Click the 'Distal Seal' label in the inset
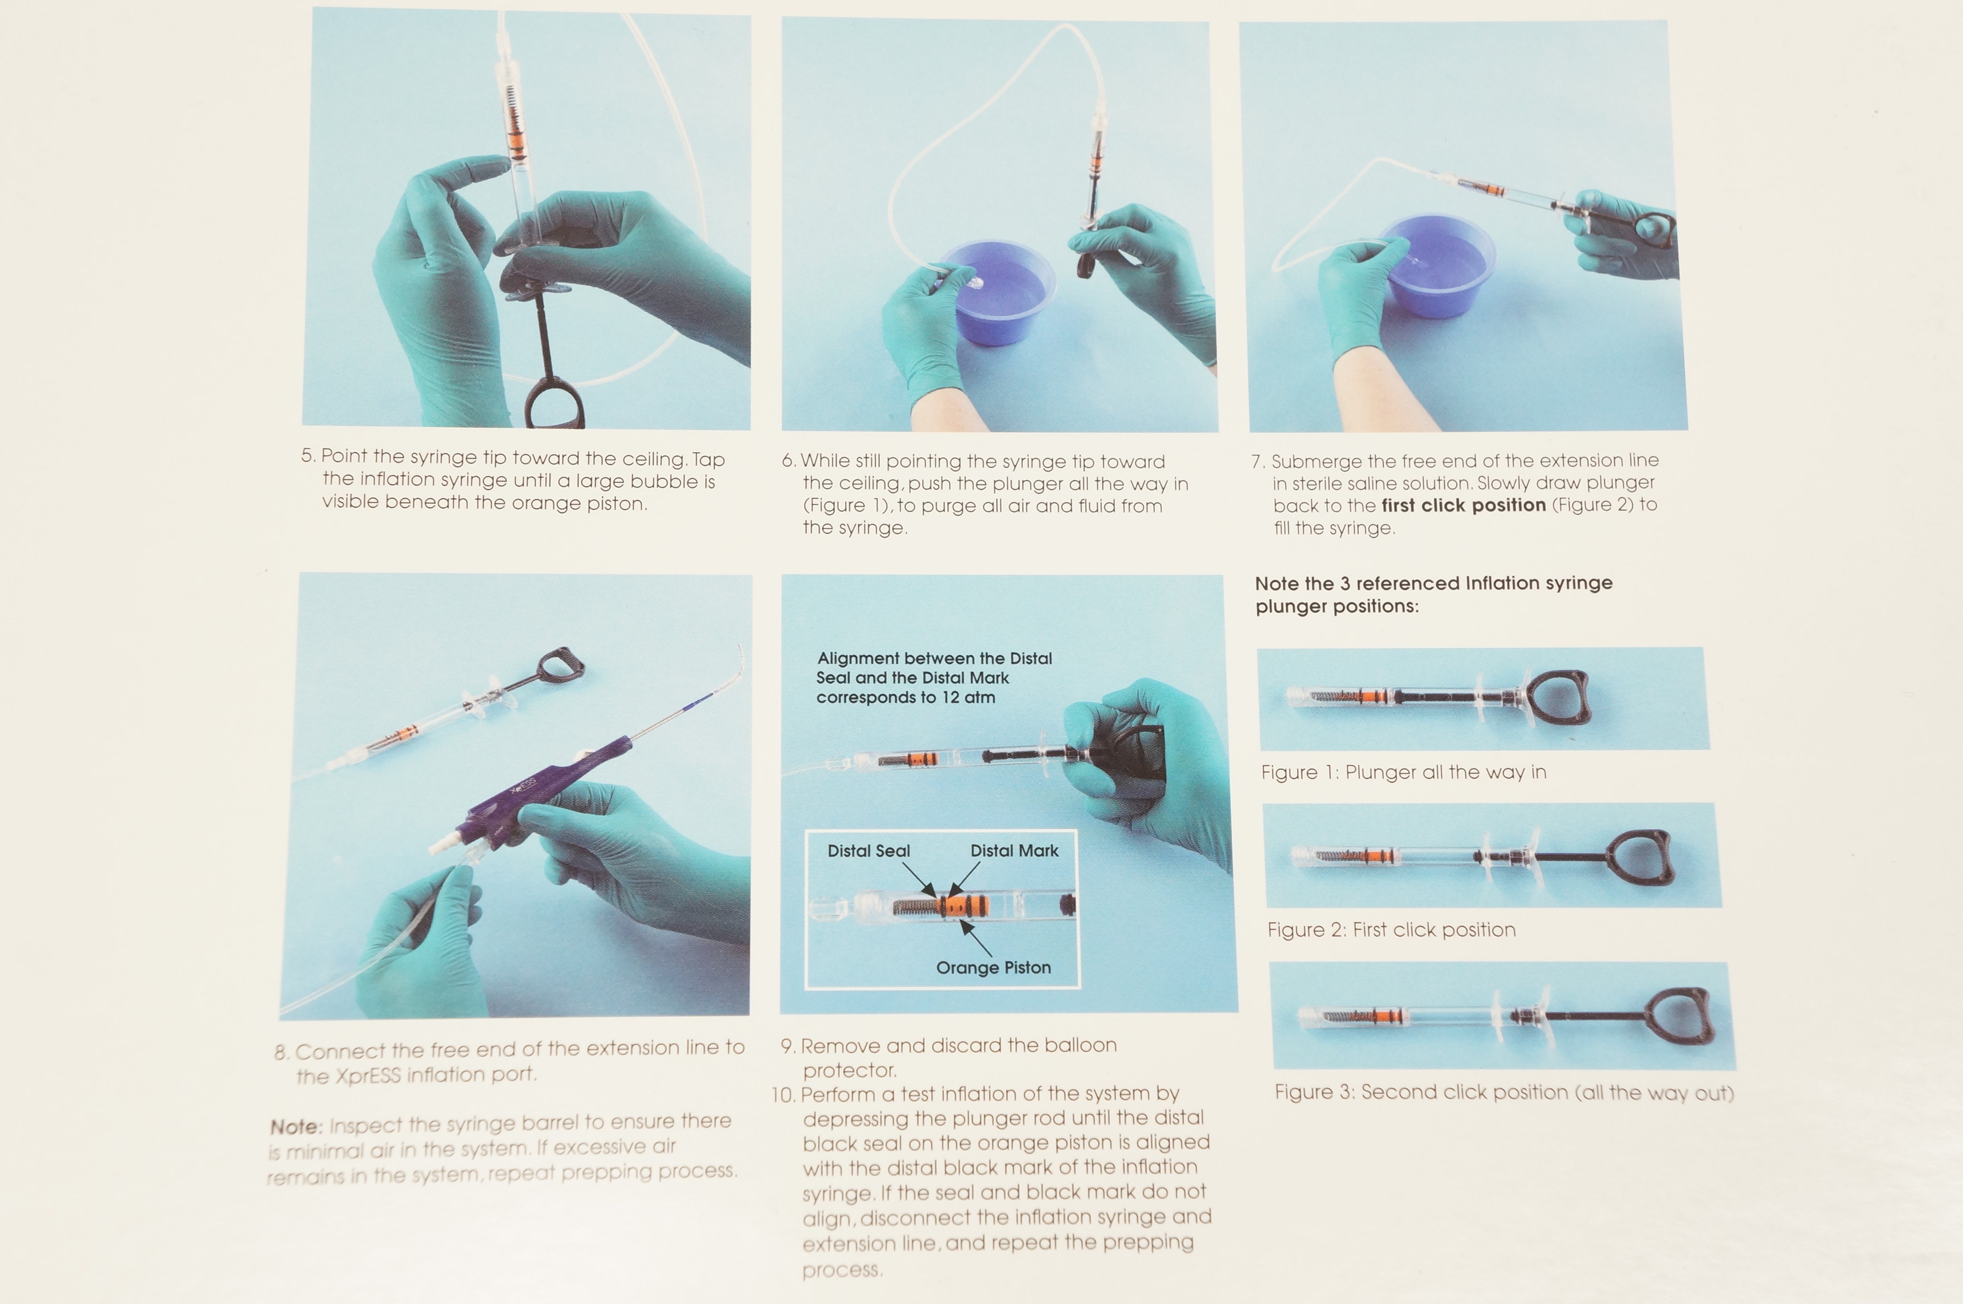point(868,851)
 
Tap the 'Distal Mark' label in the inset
point(1014,851)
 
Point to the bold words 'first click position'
point(1463,505)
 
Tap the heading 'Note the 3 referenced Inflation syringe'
point(1433,583)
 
